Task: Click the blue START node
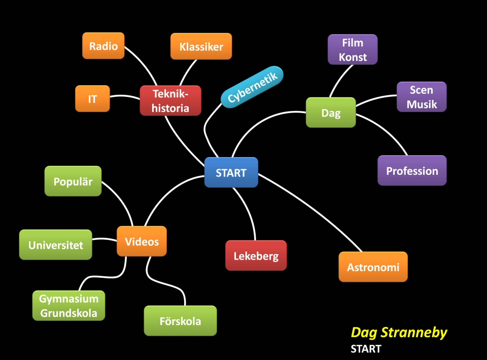click(x=231, y=172)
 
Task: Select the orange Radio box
click(x=103, y=46)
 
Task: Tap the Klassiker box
click(x=201, y=47)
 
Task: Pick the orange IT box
click(x=92, y=99)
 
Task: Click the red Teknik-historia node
click(x=170, y=101)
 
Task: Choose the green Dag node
click(x=331, y=113)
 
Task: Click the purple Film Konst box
click(x=353, y=50)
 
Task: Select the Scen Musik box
click(x=421, y=97)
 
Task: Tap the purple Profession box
click(x=412, y=171)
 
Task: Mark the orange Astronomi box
click(x=373, y=267)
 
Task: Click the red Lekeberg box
click(x=256, y=256)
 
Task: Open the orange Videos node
click(x=142, y=241)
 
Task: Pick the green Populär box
click(x=73, y=181)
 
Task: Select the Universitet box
click(x=56, y=245)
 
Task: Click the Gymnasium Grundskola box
click(x=68, y=306)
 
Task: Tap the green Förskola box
click(x=180, y=321)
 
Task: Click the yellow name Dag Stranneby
click(x=399, y=333)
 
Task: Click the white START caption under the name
click(x=365, y=349)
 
